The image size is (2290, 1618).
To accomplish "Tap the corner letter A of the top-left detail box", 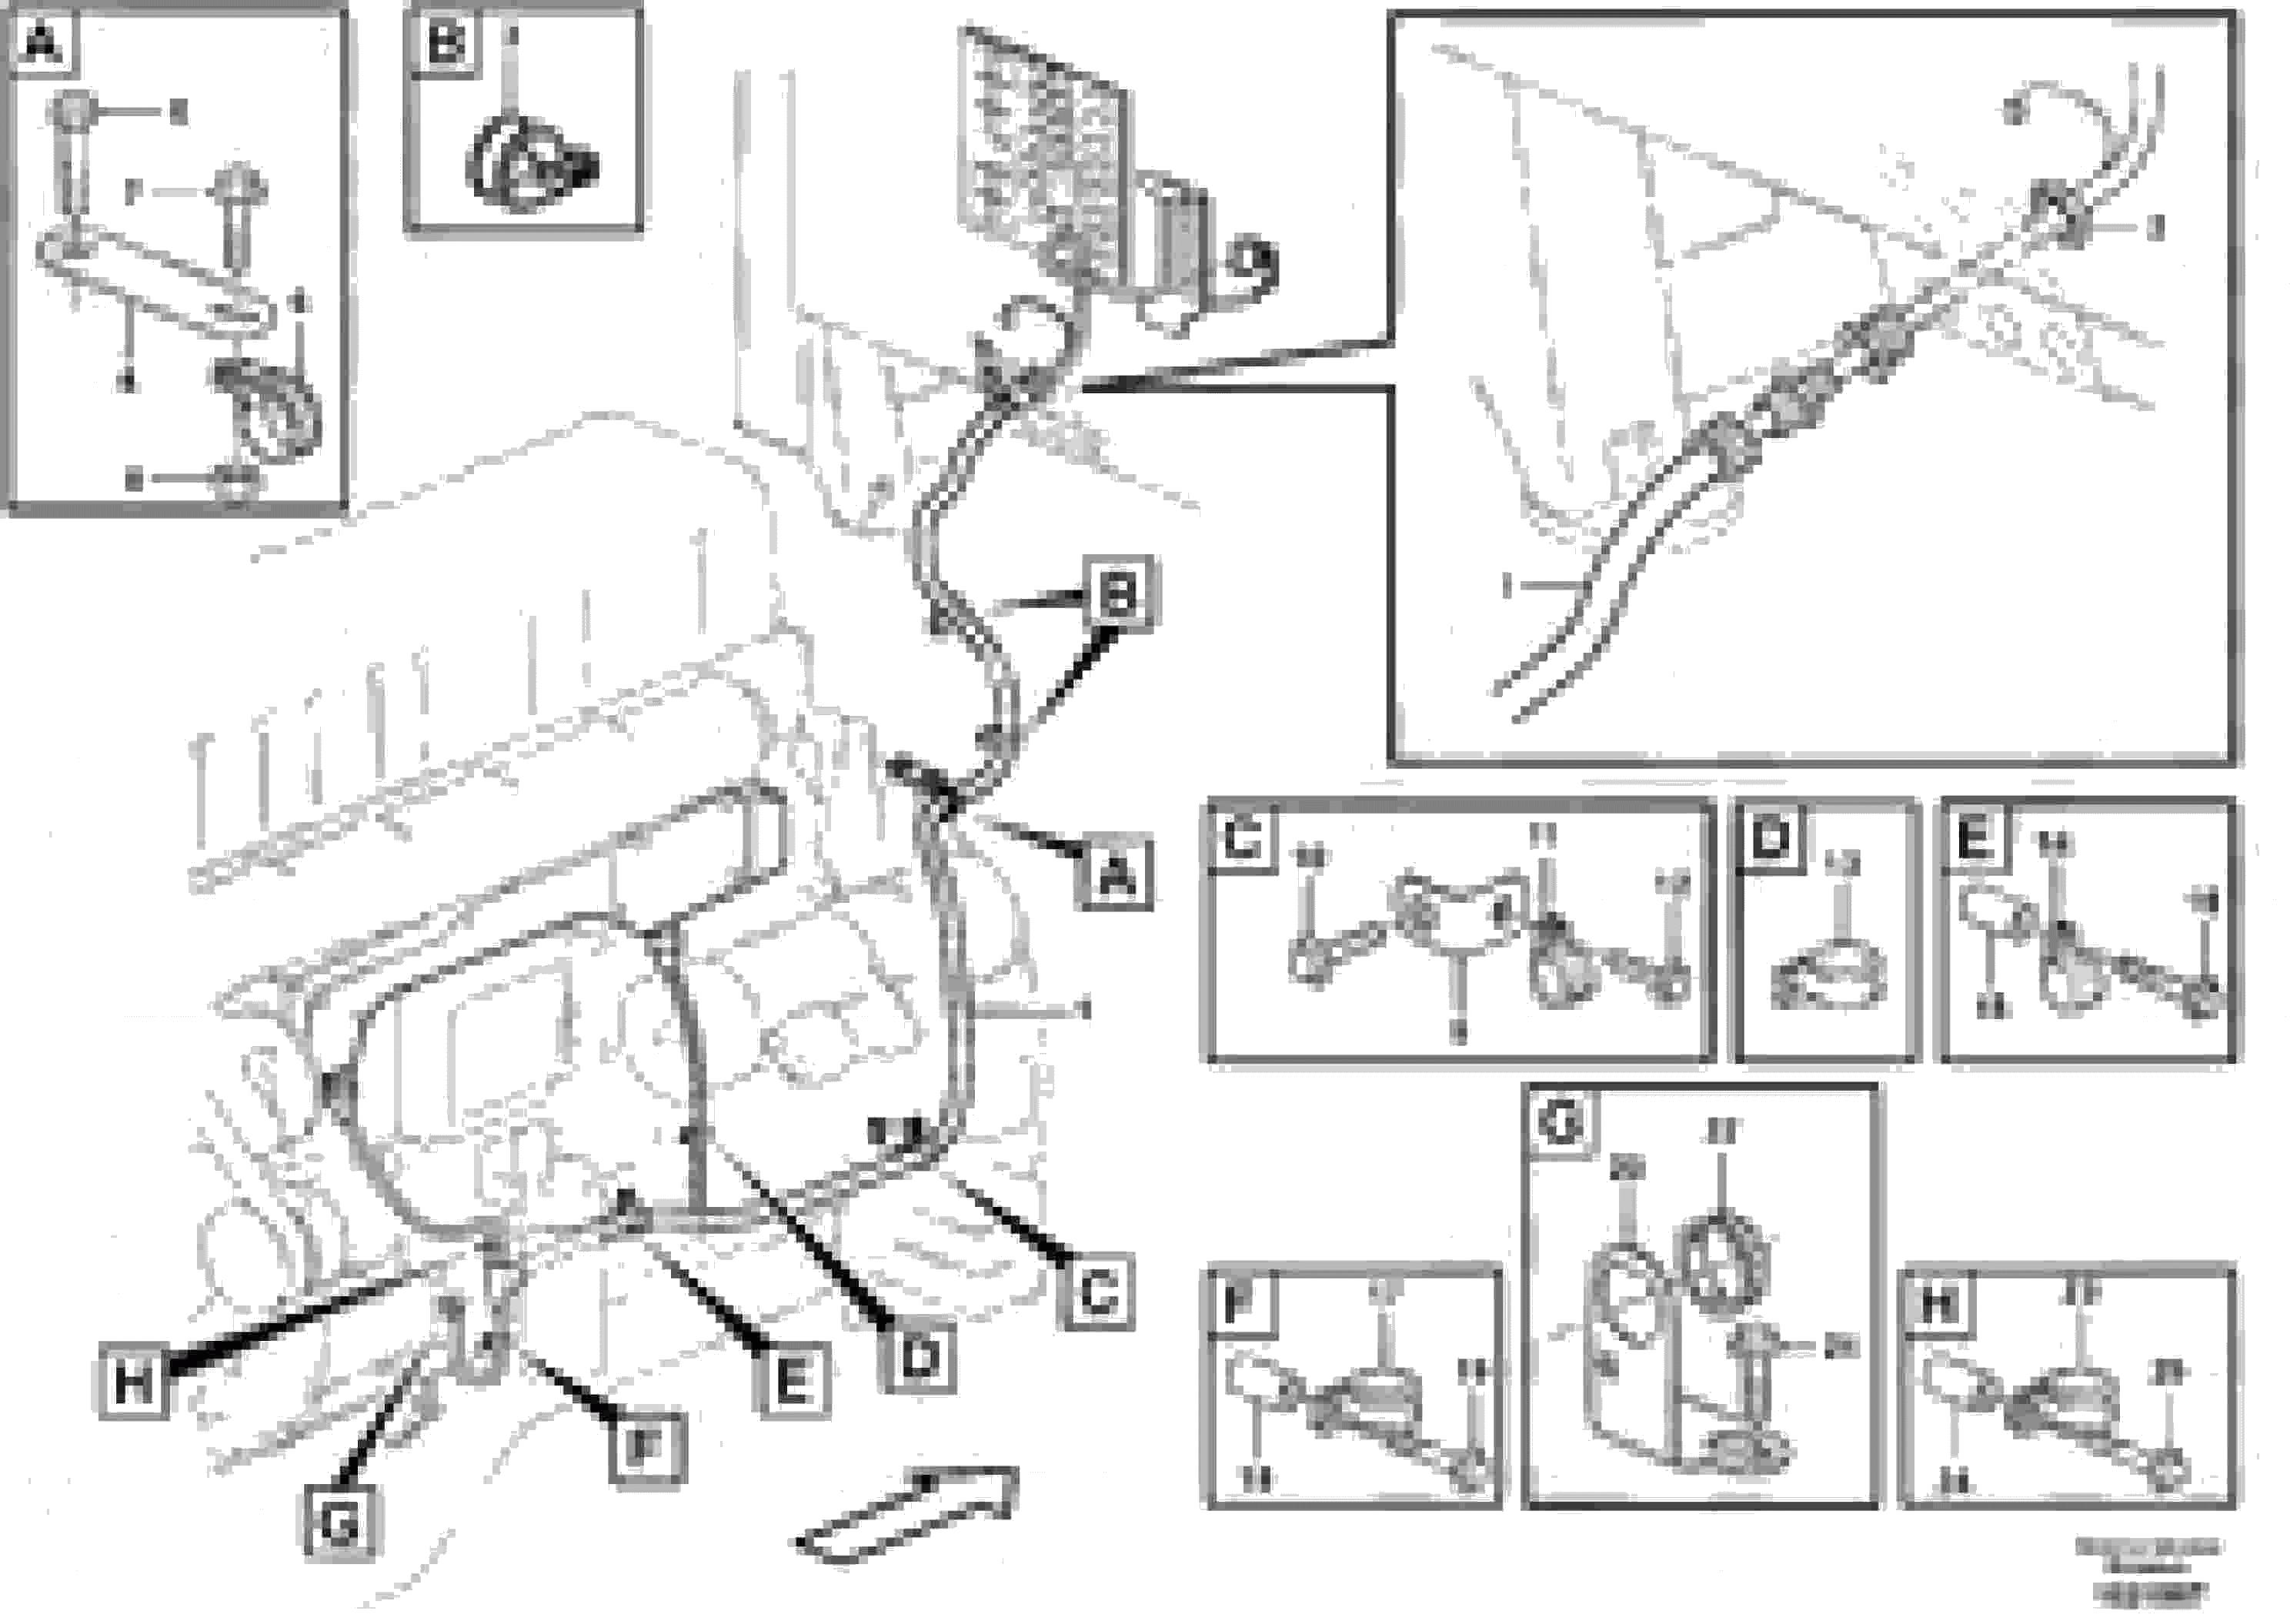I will tap(42, 43).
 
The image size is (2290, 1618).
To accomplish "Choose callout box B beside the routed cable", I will tap(1118, 594).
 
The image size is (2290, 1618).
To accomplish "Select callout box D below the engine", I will tap(919, 1356).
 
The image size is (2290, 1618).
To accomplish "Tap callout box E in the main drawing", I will tap(793, 1382).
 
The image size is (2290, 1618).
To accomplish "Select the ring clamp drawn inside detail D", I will tap(1828, 974).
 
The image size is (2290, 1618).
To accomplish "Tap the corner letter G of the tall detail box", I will tap(1560, 1122).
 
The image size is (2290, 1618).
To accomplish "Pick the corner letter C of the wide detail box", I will tap(1243, 837).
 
